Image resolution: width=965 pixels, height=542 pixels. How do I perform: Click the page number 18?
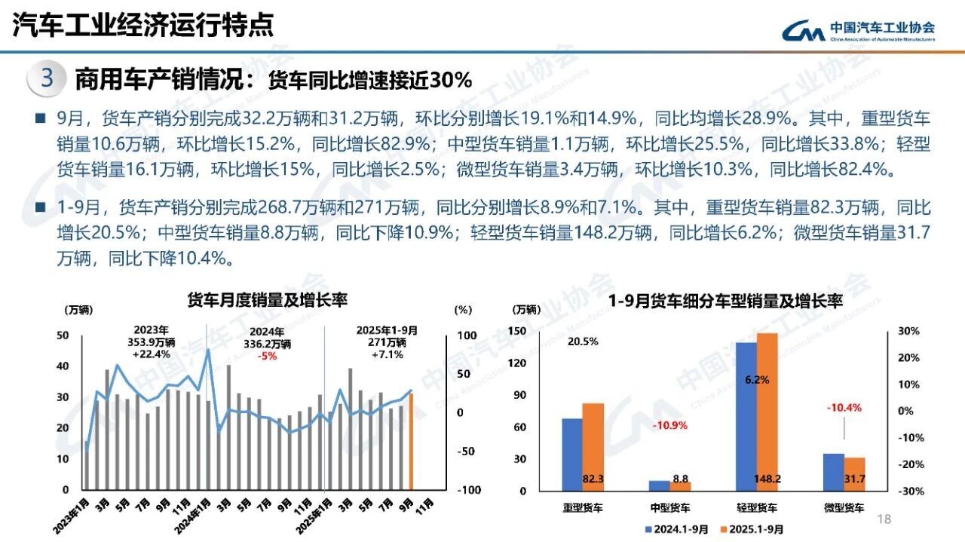pyautogui.click(x=884, y=519)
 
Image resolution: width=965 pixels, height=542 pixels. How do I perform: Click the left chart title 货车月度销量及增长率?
pyautogui.click(x=267, y=300)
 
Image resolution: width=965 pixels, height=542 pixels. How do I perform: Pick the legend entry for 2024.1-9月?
pyautogui.click(x=675, y=529)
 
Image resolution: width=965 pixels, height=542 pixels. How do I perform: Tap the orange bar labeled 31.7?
pyautogui.click(x=854, y=473)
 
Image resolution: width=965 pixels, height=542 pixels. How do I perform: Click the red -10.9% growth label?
pyautogui.click(x=669, y=425)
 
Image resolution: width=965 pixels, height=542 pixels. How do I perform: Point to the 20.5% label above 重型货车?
pyautogui.click(x=583, y=341)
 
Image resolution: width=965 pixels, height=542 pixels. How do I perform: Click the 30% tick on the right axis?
pyautogui.click(x=907, y=332)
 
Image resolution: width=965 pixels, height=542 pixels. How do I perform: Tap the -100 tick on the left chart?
pyautogui.click(x=469, y=490)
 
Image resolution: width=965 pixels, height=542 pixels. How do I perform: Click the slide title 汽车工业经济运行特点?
pyautogui.click(x=143, y=26)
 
